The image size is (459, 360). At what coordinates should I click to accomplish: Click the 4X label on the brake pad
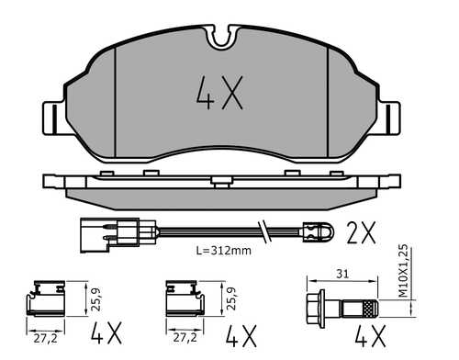219,93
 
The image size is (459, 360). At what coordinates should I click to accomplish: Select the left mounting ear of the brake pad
53,118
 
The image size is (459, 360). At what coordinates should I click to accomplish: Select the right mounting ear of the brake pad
389,118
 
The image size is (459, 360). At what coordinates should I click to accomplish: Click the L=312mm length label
224,251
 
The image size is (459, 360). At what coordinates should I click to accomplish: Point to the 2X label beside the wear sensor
361,232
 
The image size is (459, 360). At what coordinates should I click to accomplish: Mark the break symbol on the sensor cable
264,231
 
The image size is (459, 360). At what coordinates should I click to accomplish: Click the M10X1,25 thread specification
404,271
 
